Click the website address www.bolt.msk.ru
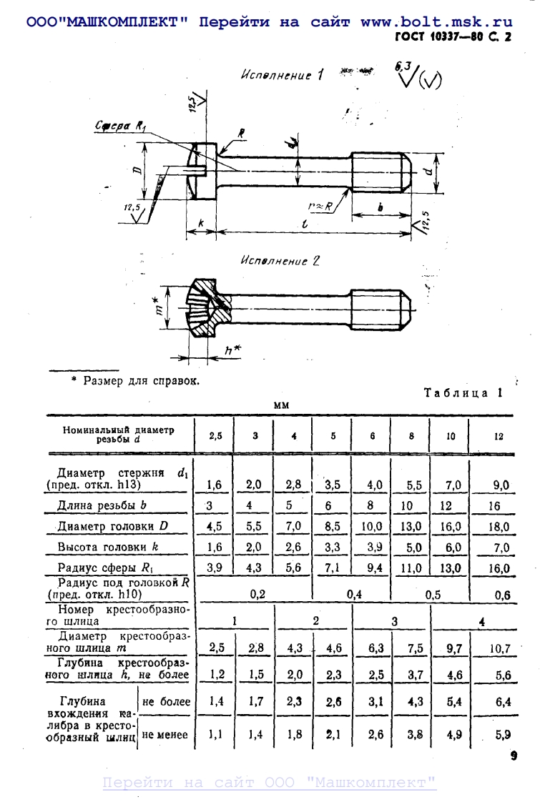(436, 22)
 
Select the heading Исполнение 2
(280, 261)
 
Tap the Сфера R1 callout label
(121, 127)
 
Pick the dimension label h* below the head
(231, 350)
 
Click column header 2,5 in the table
(215, 435)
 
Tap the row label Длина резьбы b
(102, 505)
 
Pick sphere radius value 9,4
(375, 568)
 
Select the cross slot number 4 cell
(482, 622)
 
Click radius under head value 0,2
(257, 593)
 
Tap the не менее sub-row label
(166, 734)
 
